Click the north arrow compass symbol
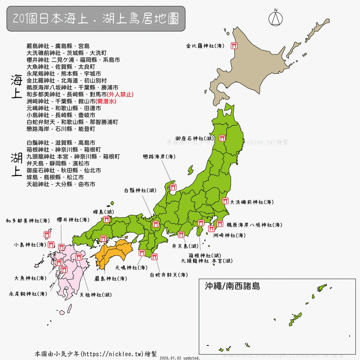tap(275, 18)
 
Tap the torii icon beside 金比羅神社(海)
tap(234, 45)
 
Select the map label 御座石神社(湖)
tap(195, 139)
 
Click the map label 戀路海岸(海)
tap(159, 157)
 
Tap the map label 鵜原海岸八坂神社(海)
tap(254, 225)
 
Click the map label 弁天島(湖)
tap(185, 246)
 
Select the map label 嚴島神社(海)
tap(110, 279)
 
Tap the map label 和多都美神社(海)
tap(28, 220)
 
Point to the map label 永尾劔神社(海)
tap(28, 294)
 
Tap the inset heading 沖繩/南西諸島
tap(232, 286)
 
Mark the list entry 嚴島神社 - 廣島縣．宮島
tap(58, 46)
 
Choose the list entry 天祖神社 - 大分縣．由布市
tap(61, 184)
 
